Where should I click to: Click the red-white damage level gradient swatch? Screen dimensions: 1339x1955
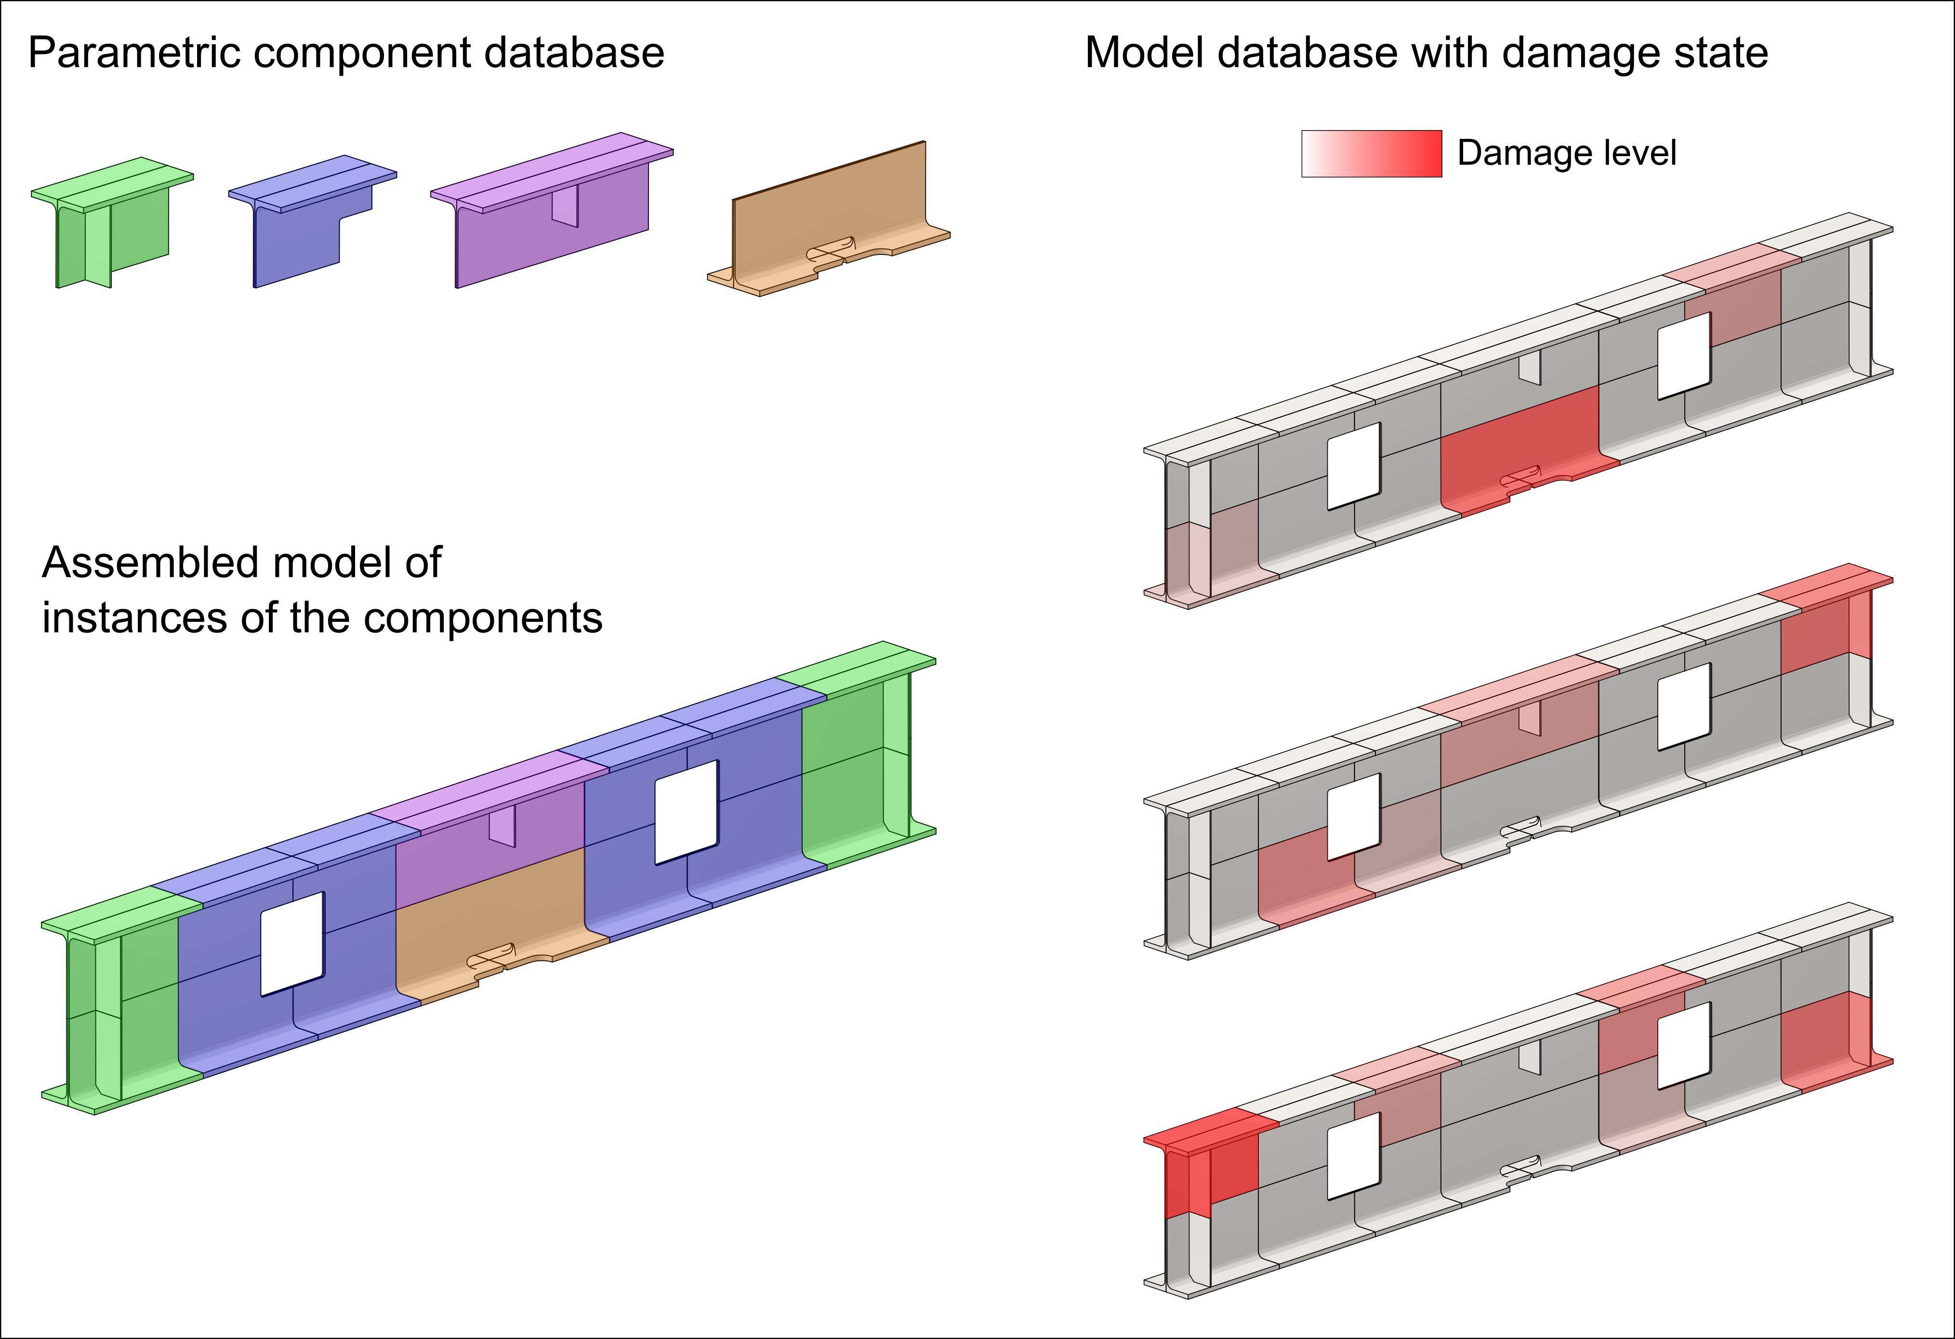1371,154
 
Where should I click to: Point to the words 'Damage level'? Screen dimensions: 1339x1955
1566,153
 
